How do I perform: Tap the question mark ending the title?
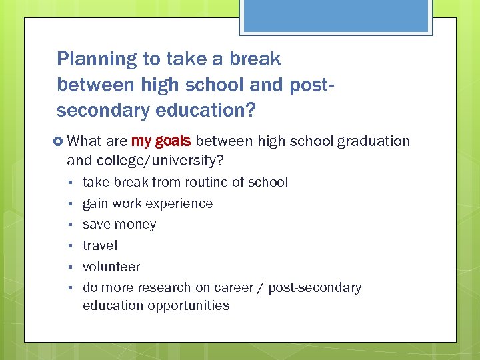point(249,111)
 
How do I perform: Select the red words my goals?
point(161,141)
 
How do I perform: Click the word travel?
point(100,246)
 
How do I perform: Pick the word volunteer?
point(111,267)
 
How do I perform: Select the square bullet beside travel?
point(69,247)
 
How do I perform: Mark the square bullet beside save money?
point(69,225)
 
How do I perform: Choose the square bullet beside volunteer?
point(69,268)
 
